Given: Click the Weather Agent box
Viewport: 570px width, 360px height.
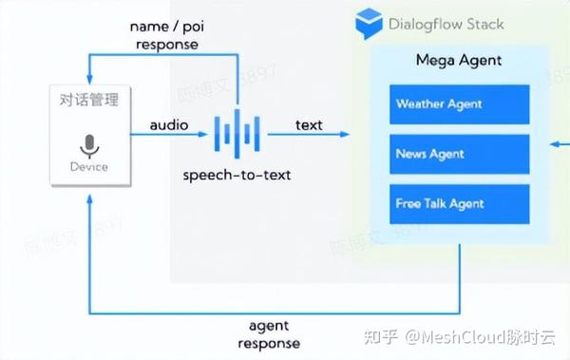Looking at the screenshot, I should click(x=459, y=104).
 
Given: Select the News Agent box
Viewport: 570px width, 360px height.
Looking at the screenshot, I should click(x=459, y=153).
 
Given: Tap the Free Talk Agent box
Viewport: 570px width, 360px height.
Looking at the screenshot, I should click(x=459, y=203).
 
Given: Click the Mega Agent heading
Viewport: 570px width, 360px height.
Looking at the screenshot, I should click(x=459, y=61).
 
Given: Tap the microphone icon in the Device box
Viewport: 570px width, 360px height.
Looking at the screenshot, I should click(x=89, y=146).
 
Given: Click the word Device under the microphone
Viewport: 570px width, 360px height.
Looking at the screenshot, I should click(x=89, y=167).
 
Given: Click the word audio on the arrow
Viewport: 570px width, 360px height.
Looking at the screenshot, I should click(x=168, y=124).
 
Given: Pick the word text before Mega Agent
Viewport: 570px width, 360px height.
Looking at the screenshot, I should click(x=309, y=124).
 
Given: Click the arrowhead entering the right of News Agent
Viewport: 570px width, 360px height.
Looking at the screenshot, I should click(x=554, y=145).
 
